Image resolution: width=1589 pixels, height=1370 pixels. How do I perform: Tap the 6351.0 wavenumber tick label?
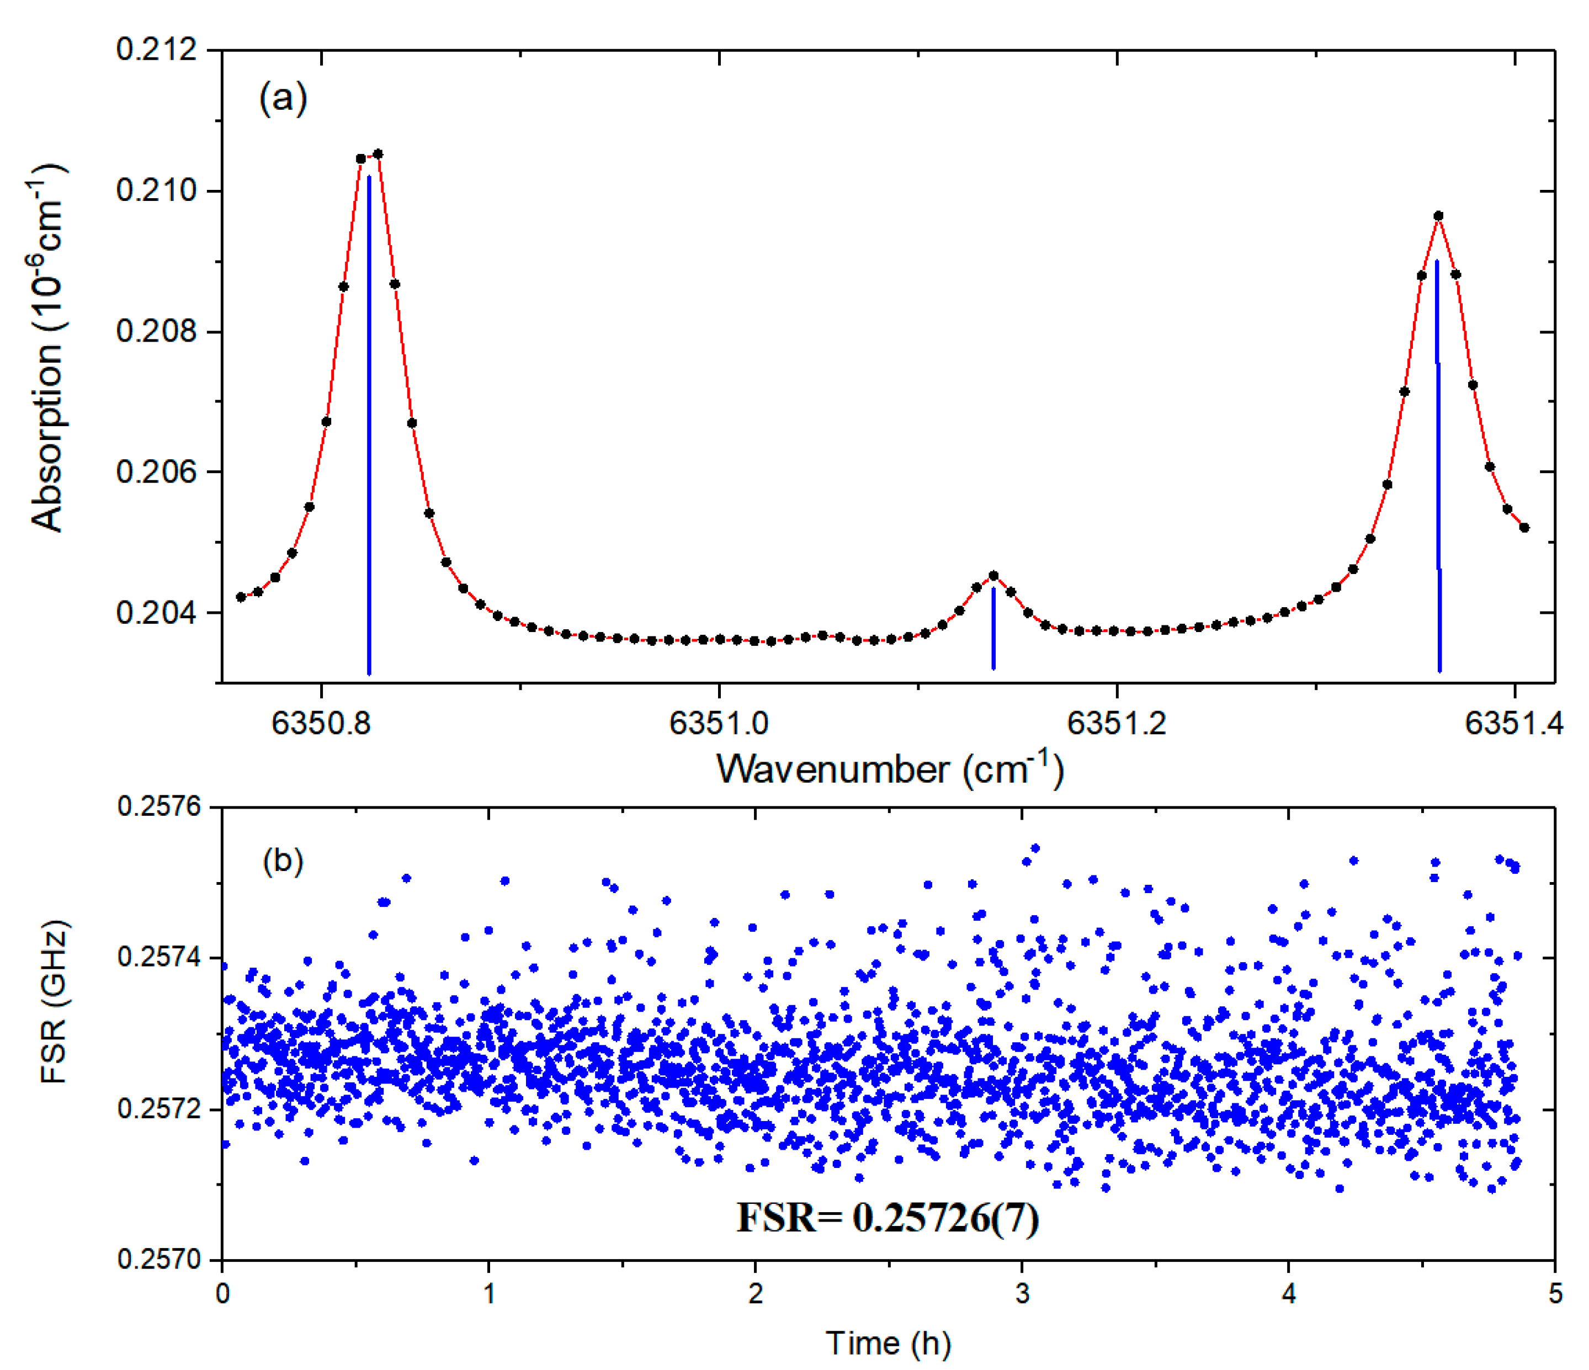pos(719,723)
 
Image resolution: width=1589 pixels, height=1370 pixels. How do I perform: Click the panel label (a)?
pos(283,98)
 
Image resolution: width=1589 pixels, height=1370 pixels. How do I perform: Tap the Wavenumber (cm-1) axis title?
pos(890,769)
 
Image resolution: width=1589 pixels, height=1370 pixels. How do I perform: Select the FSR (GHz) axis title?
pos(54,1002)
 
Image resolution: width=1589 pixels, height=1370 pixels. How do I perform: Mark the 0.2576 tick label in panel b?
pos(159,807)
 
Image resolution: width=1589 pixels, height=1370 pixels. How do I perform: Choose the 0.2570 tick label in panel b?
pos(159,1260)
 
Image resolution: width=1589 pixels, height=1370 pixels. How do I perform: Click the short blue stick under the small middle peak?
pos(993,629)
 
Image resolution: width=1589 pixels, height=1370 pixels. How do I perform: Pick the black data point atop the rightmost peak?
pos(1438,216)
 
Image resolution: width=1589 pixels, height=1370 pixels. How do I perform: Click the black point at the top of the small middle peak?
pos(993,575)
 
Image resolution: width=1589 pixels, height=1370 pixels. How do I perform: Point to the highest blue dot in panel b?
pos(1034,848)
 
